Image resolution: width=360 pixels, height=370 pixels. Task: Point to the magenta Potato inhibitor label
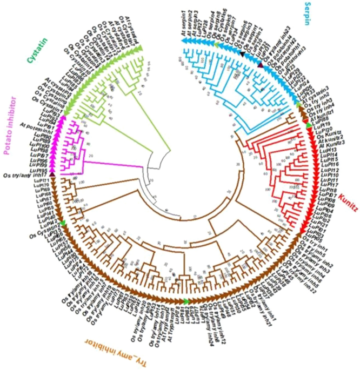(10, 125)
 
